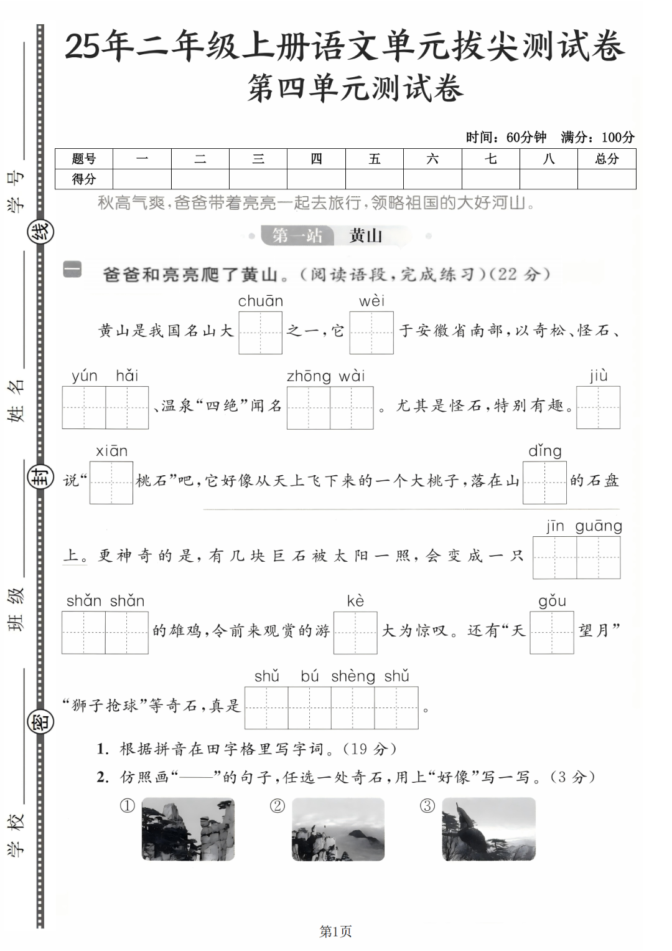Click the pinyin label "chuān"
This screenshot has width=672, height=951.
(260, 301)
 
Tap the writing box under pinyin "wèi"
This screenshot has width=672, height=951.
(371, 333)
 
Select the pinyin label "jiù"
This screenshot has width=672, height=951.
(598, 376)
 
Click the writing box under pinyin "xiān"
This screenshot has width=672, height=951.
(111, 482)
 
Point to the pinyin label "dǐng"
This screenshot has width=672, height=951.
(544, 451)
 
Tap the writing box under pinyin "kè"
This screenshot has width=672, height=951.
(355, 633)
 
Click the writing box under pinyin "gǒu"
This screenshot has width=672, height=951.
(551, 633)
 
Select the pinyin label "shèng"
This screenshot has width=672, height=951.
(353, 676)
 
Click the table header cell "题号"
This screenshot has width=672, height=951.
(84, 159)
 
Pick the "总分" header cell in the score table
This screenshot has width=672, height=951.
(607, 159)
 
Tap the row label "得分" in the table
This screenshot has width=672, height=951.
(84, 179)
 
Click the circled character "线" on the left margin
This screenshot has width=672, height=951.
(41, 232)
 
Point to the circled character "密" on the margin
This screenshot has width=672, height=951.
(41, 722)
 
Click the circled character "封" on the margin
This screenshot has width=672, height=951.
(41, 478)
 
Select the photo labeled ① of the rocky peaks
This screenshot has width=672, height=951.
(188, 830)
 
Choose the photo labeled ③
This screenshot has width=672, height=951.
(488, 830)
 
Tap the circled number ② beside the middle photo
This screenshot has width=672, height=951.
(277, 806)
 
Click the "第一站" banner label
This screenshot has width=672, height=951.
(297, 236)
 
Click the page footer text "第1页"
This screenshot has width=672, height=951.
(335, 932)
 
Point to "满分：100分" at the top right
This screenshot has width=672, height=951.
(597, 137)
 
